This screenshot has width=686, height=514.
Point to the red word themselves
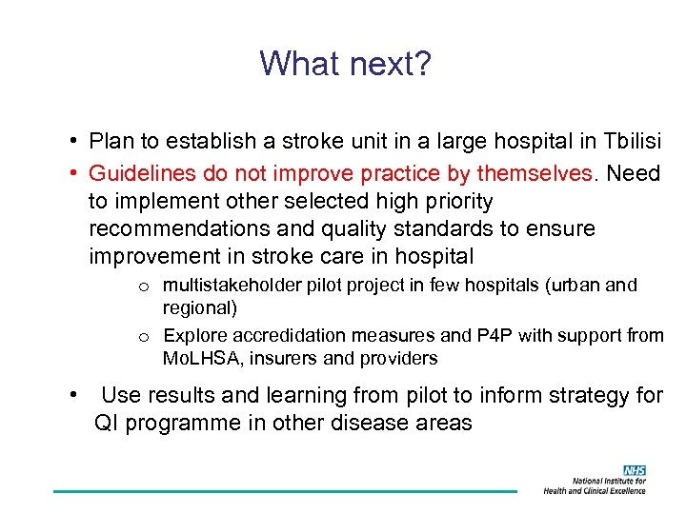pyautogui.click(x=535, y=172)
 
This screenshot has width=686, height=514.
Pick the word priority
pyautogui.click(x=451, y=201)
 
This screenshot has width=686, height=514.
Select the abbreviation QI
pyautogui.click(x=106, y=424)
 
